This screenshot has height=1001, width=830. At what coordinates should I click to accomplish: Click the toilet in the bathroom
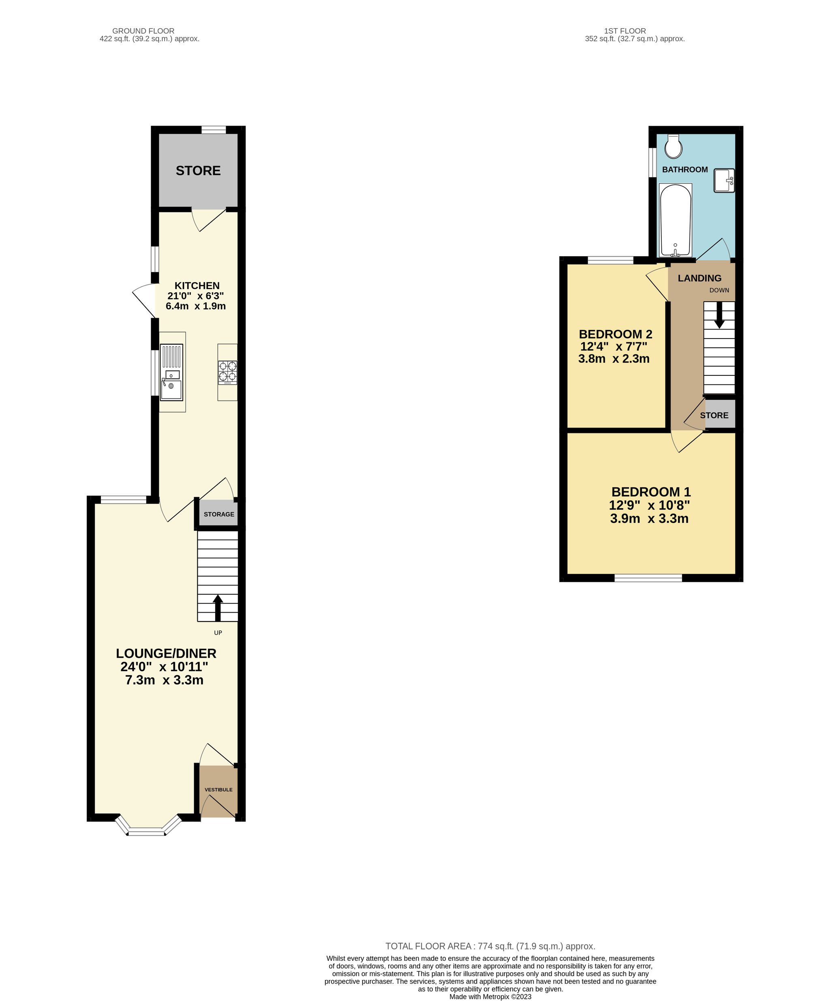[x=673, y=146]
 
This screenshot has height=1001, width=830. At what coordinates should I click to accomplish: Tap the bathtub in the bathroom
[x=675, y=220]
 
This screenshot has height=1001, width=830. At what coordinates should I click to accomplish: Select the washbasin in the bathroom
[x=724, y=180]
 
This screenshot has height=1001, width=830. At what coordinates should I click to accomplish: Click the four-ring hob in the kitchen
[x=228, y=372]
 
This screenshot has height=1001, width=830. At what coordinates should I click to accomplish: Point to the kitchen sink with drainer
[x=171, y=372]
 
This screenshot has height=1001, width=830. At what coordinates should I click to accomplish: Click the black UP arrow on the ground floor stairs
[x=218, y=608]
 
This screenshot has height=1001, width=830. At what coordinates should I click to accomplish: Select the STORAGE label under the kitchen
[x=219, y=514]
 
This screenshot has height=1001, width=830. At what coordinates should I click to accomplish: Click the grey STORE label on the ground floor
[x=198, y=171]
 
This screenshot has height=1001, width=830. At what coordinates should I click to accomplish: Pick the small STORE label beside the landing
[x=714, y=415]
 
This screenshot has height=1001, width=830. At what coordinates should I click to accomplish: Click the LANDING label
[x=700, y=278]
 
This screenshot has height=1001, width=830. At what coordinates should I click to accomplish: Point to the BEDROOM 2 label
[x=615, y=334]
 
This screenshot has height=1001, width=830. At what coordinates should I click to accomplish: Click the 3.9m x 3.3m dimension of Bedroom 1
[x=649, y=519]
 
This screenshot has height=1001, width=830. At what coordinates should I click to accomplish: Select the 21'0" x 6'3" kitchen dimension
[x=195, y=296]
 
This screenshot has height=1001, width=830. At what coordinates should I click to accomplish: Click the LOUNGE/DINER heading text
[x=166, y=653]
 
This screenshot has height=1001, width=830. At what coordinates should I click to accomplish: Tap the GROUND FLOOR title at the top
[x=143, y=31]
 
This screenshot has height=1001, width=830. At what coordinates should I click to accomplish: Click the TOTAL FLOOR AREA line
[x=490, y=946]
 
